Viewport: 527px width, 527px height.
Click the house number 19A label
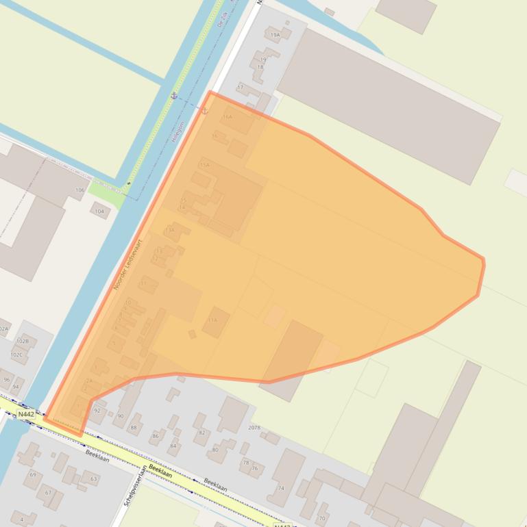click(275, 34)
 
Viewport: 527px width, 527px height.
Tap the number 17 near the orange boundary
click(241, 88)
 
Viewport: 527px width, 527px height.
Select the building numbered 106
click(80, 190)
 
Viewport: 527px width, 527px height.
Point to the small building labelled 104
click(100, 211)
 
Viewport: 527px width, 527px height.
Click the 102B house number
click(23, 341)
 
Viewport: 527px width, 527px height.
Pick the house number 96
click(7, 379)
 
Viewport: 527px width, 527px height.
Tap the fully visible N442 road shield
click(26, 414)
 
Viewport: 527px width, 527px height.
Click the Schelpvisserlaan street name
click(136, 485)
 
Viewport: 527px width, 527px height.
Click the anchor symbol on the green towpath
click(174, 96)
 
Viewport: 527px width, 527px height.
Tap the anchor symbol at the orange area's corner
click(204, 110)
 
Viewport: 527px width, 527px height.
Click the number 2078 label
click(254, 427)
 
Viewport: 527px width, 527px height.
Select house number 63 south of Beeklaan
click(93, 479)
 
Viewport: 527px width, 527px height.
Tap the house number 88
click(134, 427)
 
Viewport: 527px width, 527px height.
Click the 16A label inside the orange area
click(228, 117)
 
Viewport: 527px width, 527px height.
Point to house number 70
click(322, 518)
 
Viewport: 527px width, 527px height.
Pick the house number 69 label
click(32, 474)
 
